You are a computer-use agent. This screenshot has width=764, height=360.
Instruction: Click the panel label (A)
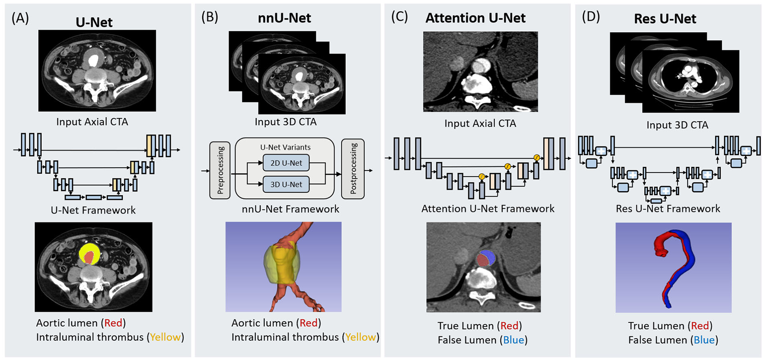tap(20, 18)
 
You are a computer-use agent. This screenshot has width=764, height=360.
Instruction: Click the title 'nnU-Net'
tap(284, 18)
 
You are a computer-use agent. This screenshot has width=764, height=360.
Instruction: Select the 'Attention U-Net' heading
tap(475, 18)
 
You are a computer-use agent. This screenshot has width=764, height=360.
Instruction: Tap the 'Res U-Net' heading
tap(665, 19)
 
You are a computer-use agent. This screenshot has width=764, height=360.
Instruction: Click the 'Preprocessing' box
tap(220, 170)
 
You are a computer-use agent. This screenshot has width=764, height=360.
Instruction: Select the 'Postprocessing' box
tap(353, 169)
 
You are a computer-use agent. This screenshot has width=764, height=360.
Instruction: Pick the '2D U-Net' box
tap(286, 163)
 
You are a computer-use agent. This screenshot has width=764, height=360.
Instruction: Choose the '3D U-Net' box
tap(286, 184)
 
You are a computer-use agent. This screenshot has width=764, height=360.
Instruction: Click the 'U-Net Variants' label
tap(285, 147)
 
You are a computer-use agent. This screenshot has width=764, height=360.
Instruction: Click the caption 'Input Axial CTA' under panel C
tap(480, 123)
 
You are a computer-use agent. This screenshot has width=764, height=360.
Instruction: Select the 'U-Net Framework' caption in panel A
tap(93, 210)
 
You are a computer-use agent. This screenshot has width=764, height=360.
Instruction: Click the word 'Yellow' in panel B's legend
tap(361, 337)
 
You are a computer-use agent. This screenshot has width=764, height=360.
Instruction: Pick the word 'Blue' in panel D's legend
tap(704, 340)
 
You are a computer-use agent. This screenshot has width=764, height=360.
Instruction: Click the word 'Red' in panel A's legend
tap(113, 323)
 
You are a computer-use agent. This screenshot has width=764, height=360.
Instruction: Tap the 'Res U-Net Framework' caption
tap(668, 208)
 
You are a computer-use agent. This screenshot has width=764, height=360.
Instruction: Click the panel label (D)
tap(591, 17)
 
